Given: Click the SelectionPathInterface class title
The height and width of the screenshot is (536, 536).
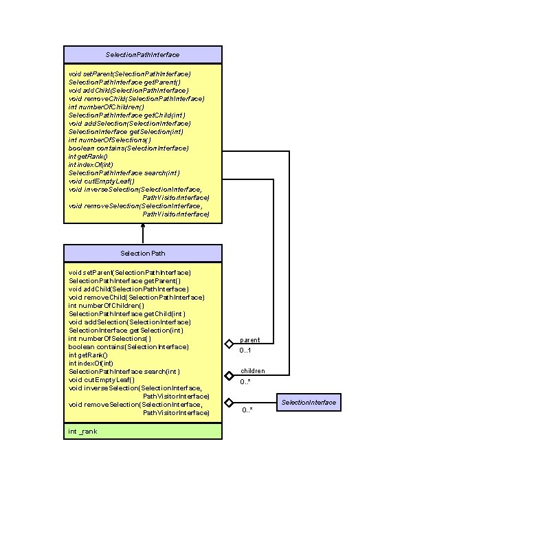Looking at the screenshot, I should [x=143, y=54].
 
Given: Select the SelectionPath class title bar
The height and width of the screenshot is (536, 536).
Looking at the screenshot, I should [x=143, y=253].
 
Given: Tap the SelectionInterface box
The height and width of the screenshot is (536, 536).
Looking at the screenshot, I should [x=309, y=402].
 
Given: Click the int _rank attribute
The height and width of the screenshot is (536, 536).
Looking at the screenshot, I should [x=82, y=431].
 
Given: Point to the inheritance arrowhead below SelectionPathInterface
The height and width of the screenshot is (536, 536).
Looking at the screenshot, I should [x=143, y=227].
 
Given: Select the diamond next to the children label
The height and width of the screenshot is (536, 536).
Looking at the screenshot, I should [x=229, y=375].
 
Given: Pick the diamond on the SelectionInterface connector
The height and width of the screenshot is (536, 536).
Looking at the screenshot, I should [x=229, y=402].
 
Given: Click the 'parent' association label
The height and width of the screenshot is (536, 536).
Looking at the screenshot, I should [x=249, y=339].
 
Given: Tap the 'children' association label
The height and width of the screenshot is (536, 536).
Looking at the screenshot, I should [x=252, y=371].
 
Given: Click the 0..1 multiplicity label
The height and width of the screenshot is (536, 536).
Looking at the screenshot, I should [x=246, y=350].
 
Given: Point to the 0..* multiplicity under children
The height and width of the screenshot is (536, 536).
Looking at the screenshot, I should [x=245, y=382].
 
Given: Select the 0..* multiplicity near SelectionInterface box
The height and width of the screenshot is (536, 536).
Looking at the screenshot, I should [x=247, y=410].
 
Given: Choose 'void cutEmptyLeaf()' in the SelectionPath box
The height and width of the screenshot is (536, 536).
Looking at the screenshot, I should [x=102, y=379].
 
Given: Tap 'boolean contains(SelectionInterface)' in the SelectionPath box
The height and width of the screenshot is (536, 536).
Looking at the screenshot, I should [x=129, y=347].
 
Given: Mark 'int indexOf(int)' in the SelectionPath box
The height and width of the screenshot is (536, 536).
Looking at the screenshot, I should [x=91, y=363].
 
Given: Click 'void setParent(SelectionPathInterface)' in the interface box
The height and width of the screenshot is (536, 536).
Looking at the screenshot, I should [x=130, y=74].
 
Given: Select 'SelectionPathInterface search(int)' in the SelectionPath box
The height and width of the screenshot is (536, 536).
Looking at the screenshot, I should [x=124, y=371].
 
